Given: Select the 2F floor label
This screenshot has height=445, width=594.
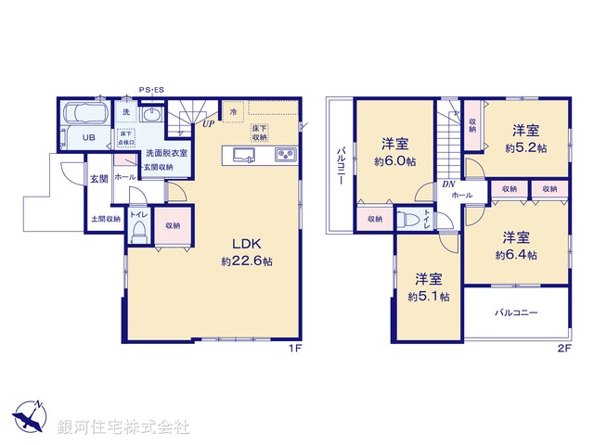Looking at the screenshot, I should [564, 349].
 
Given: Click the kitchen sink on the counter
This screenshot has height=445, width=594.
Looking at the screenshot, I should [245, 154].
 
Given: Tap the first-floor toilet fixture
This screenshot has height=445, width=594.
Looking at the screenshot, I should [138, 231].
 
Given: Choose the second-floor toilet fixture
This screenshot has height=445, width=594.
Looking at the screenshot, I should [409, 220].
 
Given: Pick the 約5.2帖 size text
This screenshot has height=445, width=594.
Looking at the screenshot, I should [526, 147].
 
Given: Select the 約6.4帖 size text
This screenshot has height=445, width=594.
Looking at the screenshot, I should [515, 254].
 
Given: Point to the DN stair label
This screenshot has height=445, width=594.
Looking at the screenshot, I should [448, 183].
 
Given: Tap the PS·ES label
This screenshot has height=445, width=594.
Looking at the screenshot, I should [151, 90].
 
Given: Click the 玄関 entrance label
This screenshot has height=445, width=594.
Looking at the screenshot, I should [99, 178].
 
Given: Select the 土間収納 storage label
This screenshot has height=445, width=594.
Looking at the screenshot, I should [106, 220].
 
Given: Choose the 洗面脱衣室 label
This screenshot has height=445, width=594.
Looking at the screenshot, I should [166, 152].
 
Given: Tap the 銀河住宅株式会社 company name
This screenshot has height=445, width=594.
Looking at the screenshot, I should [123, 427].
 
